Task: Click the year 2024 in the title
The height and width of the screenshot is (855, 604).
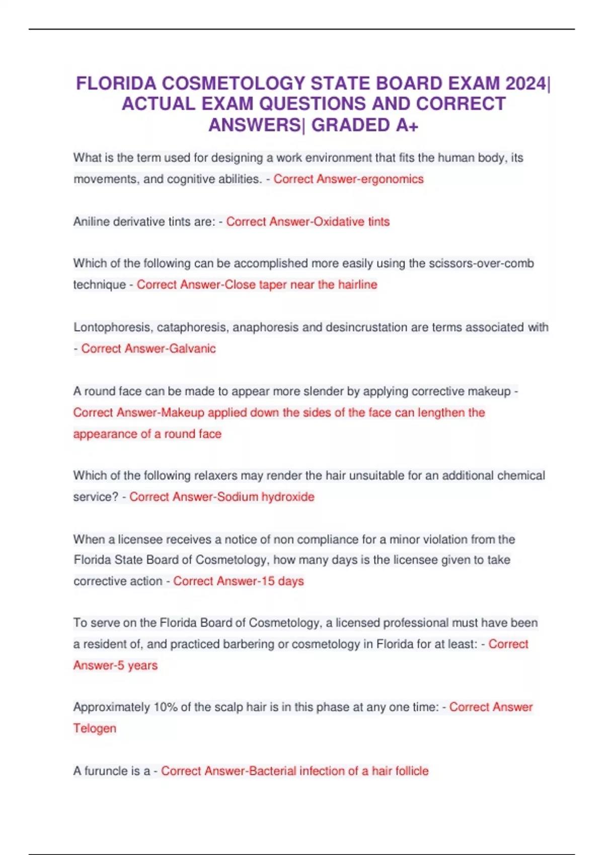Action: point(525,83)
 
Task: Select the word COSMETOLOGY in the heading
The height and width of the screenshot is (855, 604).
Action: point(234,83)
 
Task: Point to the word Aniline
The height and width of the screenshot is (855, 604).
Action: point(91,222)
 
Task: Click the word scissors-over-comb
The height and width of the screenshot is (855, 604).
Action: point(481,264)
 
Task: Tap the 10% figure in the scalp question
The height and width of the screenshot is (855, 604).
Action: point(165,708)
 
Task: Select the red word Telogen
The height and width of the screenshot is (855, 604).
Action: point(95,729)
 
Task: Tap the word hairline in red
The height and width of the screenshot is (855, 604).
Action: point(357,285)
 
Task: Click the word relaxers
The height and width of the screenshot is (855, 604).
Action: point(215,476)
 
